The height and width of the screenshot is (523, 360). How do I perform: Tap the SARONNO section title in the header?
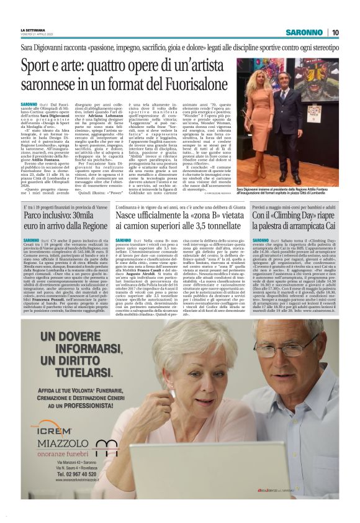point(305,32)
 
